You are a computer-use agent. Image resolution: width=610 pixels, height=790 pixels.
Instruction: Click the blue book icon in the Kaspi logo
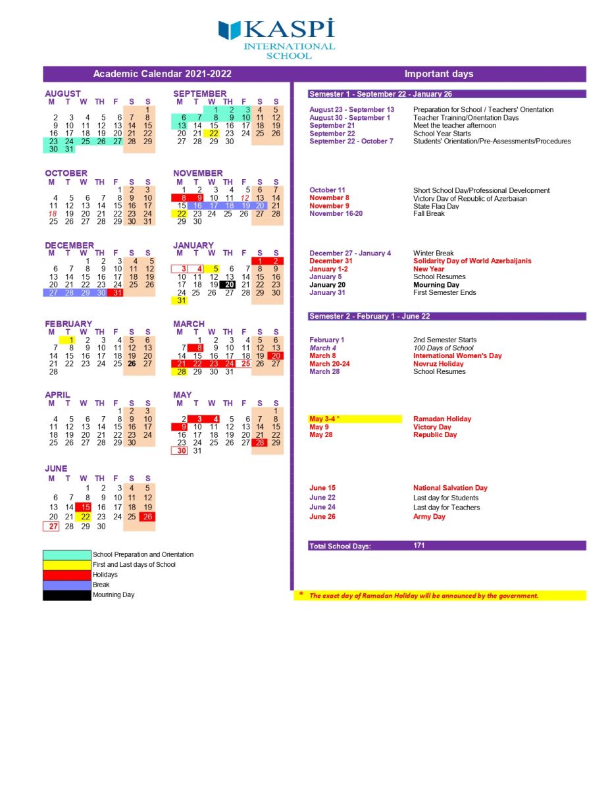point(230,30)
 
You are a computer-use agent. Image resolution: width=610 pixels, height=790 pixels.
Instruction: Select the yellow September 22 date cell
point(212,134)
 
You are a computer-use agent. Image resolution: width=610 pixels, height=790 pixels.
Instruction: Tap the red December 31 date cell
point(115,293)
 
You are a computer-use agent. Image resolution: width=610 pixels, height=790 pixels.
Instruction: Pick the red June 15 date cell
point(84,508)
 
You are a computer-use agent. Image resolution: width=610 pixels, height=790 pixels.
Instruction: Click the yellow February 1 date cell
point(68,340)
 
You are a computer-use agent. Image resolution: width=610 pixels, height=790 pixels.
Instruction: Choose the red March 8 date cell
point(196,348)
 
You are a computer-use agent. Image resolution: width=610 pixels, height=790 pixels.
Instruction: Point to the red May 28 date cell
point(260,443)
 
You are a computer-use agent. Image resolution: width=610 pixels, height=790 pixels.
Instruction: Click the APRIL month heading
point(57,395)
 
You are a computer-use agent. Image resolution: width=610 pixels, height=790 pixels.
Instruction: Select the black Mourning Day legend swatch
point(66,595)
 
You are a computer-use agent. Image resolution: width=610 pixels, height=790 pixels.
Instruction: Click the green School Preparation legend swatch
point(66,555)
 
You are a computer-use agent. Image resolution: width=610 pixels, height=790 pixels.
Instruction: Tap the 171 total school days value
point(419,546)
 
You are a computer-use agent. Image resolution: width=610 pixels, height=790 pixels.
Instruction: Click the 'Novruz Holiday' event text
point(438,364)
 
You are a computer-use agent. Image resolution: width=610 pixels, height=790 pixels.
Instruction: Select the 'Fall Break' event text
point(428,214)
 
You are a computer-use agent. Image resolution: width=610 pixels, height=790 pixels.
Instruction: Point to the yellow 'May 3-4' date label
point(324,419)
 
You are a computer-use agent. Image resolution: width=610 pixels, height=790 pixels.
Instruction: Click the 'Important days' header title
point(439,74)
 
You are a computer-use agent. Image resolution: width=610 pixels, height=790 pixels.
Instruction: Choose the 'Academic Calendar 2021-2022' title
point(163,74)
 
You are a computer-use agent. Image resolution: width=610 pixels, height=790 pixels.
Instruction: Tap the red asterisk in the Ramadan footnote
point(301,595)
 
